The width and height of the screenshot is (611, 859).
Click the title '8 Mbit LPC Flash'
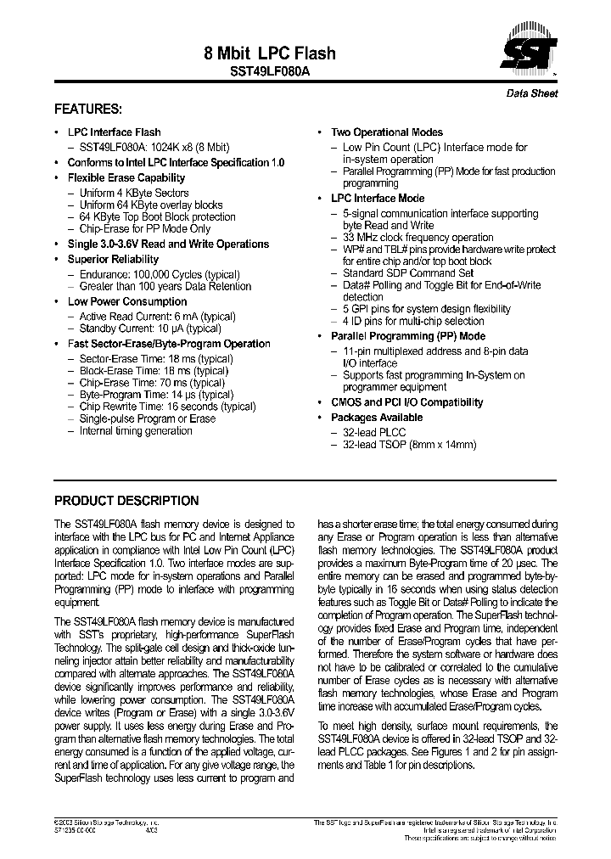270,53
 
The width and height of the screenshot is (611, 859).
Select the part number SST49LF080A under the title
270,73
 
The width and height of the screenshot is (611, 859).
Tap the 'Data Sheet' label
531,93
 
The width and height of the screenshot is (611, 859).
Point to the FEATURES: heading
88,109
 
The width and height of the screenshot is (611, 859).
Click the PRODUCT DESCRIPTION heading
126,501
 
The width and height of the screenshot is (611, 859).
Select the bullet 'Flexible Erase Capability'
126,178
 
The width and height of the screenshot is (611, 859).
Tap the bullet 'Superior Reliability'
113,260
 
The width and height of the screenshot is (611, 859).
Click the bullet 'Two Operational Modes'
386,132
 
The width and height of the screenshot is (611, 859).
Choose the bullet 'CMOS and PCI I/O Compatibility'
406,403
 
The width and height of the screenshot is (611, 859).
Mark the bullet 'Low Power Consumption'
127,302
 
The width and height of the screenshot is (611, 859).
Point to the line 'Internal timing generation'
136,431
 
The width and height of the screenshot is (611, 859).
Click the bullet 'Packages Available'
376,418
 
